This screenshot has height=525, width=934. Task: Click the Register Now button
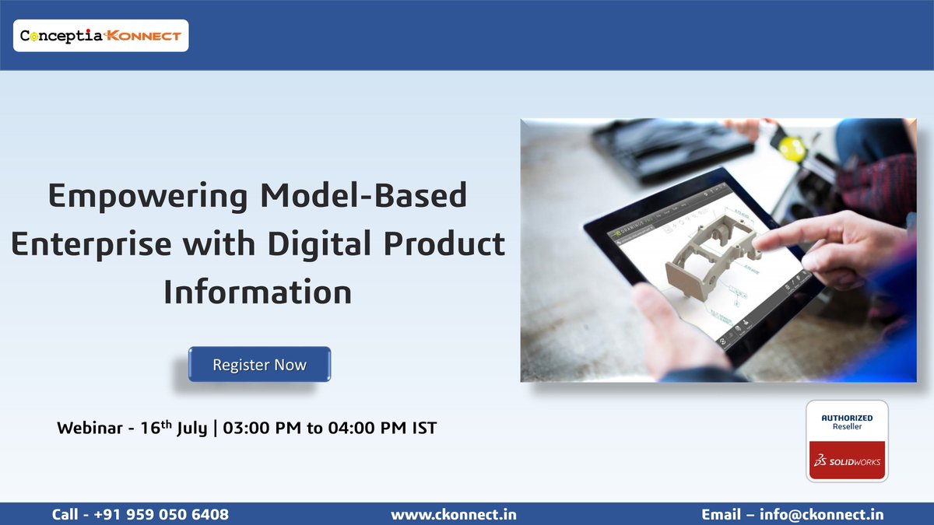(259, 365)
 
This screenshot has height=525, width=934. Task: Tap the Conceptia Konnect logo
(100, 36)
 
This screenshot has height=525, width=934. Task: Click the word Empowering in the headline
(149, 196)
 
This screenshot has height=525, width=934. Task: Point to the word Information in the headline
(257, 292)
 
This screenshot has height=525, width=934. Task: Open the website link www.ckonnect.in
(453, 514)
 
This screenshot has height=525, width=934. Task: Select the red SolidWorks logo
(847, 461)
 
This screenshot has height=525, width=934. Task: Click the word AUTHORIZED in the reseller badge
(847, 418)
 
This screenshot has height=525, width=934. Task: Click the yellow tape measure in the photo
(792, 147)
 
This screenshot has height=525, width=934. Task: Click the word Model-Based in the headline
(364, 196)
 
